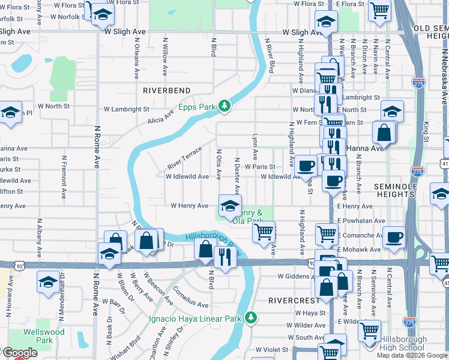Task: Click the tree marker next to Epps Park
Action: click(225, 106)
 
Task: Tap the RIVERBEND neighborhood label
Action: click(166, 91)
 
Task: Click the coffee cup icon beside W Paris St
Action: click(306, 164)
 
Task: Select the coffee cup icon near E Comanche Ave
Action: click(394, 237)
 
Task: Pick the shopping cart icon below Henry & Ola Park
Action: click(264, 231)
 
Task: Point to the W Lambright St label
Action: click(126, 109)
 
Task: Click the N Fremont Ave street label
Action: click(63, 178)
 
